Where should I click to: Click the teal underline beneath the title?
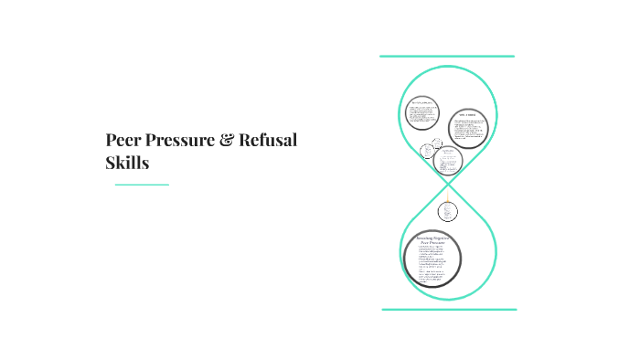pyautogui.click(x=142, y=185)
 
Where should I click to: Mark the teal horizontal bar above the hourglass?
pyautogui.click(x=447, y=57)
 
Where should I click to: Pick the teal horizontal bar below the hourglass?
pyautogui.click(x=448, y=309)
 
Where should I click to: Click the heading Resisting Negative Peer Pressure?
pyautogui.click(x=432, y=239)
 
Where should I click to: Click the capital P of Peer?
pyautogui.click(x=111, y=142)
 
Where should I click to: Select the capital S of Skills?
pyautogui.click(x=112, y=164)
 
